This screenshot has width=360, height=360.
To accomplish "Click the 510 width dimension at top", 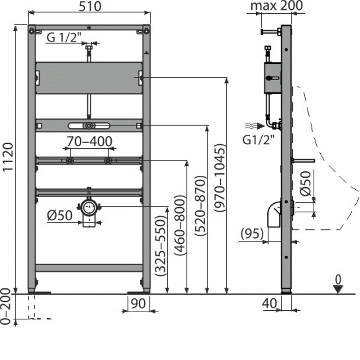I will pos(89,6).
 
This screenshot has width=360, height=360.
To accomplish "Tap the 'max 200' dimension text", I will pos(277,6).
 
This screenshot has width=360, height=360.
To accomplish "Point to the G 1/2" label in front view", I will pos(62,37).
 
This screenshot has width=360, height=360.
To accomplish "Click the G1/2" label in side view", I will pos(258,140).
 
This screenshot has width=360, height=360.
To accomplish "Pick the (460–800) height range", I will pos(181,225).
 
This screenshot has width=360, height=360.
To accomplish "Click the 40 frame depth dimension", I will pos(270,303).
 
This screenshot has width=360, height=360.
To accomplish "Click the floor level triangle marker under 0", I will pos(338,288).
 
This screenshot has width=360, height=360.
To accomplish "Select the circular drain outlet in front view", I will pos(89,207).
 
